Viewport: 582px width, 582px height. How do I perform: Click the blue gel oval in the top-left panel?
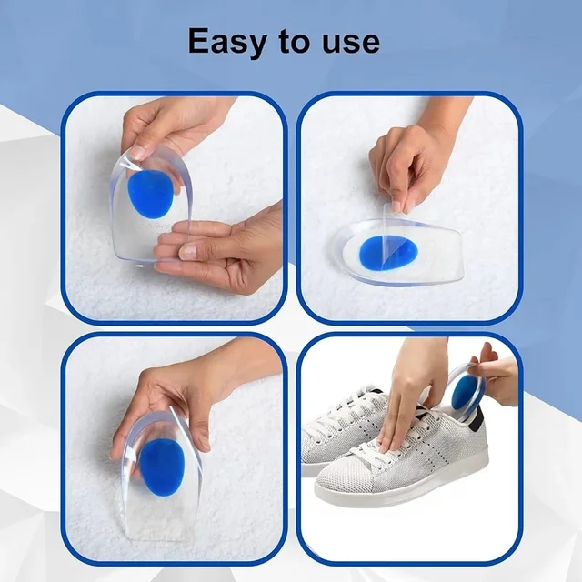tap(150, 194)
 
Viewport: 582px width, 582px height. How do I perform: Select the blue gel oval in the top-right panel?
tap(388, 253)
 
